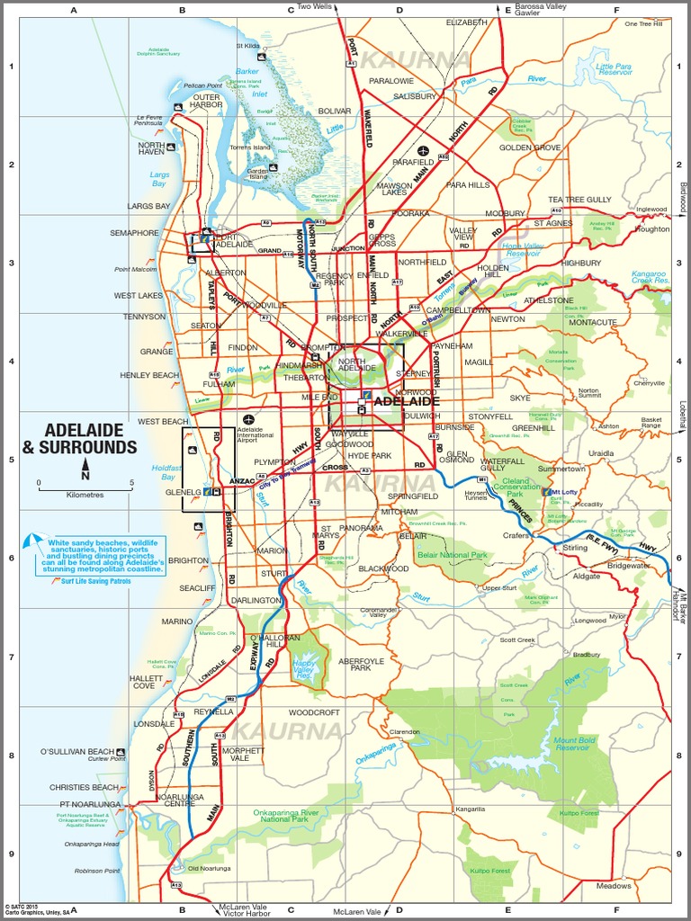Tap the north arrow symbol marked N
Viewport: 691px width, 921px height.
tap(85, 467)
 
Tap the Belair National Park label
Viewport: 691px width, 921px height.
tap(451, 556)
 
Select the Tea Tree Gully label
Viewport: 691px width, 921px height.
tap(579, 200)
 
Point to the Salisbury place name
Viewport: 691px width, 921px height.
tap(414, 96)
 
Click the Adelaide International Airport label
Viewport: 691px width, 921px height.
tap(262, 435)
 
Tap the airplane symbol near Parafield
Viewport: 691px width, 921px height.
tap(423, 150)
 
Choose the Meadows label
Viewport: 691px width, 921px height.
tap(615, 886)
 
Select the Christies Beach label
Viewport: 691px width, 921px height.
tap(84, 787)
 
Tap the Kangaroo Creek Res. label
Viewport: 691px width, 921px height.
tap(649, 276)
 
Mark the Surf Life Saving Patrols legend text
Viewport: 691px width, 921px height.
tap(96, 581)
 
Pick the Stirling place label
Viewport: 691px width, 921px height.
tap(575, 547)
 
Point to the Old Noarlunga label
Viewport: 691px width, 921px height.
tap(209, 868)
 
